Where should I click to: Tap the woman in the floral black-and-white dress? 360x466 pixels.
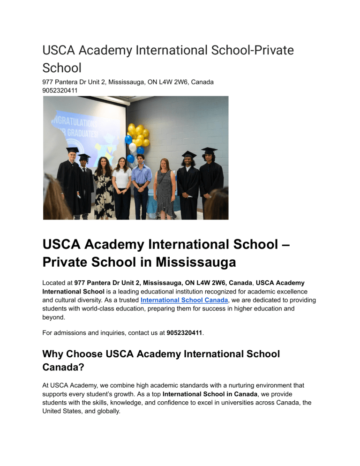pos(104,188)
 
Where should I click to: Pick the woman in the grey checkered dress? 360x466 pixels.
pos(166,188)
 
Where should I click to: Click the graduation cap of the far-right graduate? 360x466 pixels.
pos(209,150)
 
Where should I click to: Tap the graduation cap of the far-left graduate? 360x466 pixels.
pos(73,150)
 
